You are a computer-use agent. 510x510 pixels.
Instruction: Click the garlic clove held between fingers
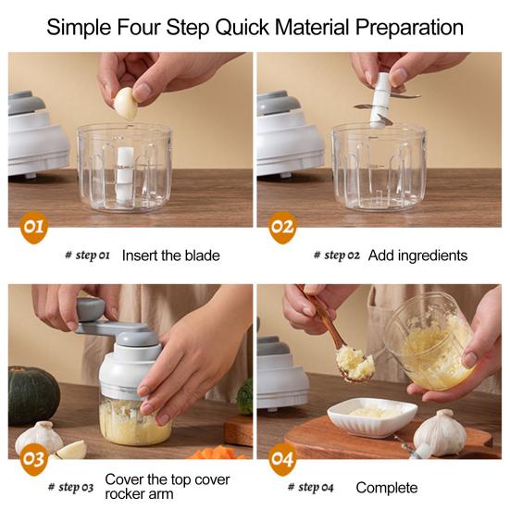[126, 103]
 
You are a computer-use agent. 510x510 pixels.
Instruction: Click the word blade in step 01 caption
[199, 255]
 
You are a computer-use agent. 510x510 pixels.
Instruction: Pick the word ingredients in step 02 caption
[432, 255]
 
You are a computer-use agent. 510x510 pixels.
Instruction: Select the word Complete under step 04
[386, 488]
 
